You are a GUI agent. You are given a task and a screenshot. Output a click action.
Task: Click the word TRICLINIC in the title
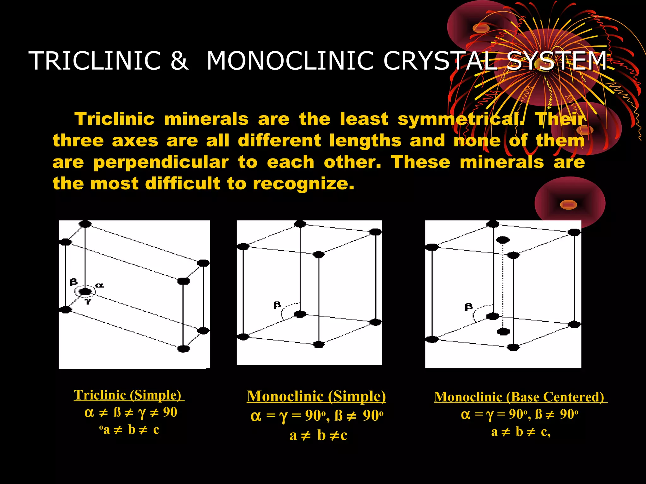tap(95, 61)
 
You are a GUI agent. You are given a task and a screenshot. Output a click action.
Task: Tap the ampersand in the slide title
tap(179, 61)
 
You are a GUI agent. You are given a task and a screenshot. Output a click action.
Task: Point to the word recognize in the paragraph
tap(303, 184)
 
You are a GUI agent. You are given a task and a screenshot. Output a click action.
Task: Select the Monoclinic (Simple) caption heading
tap(316, 396)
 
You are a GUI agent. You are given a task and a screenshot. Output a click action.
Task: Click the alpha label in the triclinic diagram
tap(99, 285)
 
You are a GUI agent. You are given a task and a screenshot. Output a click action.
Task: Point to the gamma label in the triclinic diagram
tap(88, 301)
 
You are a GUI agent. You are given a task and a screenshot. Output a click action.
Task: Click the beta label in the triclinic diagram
tap(73, 281)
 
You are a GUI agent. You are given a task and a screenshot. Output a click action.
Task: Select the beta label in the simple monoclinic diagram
tap(277, 305)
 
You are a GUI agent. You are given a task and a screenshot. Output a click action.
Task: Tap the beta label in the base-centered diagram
tap(469, 307)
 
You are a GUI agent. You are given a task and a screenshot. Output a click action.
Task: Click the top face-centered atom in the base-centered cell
tap(502, 240)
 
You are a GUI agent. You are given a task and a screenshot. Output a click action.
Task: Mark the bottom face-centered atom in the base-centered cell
tap(503, 331)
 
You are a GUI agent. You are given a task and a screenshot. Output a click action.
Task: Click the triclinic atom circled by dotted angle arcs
tap(85, 291)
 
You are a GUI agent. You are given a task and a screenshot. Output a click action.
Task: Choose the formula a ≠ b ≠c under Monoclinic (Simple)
tap(318, 435)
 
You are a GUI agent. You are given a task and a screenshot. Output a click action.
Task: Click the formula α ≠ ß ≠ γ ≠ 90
tap(131, 412)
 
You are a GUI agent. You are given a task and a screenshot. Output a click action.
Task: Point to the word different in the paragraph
tap(279, 141)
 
